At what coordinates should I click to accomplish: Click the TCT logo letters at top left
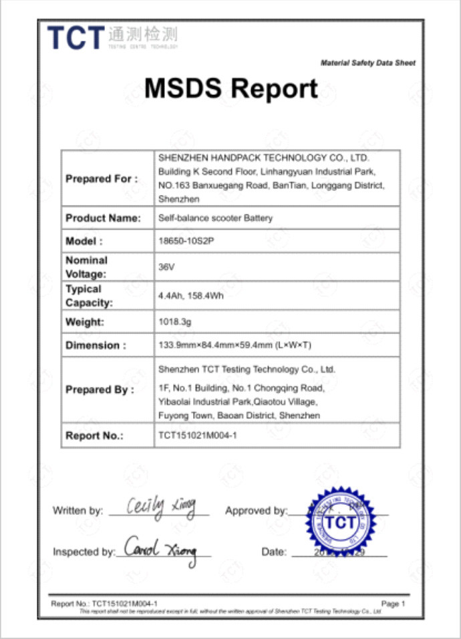(76, 37)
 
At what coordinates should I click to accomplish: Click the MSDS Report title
(230, 88)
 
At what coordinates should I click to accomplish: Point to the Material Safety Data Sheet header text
(367, 63)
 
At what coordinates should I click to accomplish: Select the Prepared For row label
(102, 179)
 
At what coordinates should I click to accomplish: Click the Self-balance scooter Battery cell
(215, 218)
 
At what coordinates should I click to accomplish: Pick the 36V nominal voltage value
(165, 266)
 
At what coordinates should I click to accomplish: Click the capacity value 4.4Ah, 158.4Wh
(190, 296)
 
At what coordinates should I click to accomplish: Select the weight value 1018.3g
(175, 322)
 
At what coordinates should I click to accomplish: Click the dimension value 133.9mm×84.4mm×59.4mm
(235, 346)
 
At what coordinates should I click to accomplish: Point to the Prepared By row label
(100, 389)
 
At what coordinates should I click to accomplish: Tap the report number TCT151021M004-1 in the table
(198, 435)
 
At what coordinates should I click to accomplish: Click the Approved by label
(256, 511)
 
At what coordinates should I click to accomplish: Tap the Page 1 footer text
(393, 604)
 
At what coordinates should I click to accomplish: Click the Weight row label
(85, 322)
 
